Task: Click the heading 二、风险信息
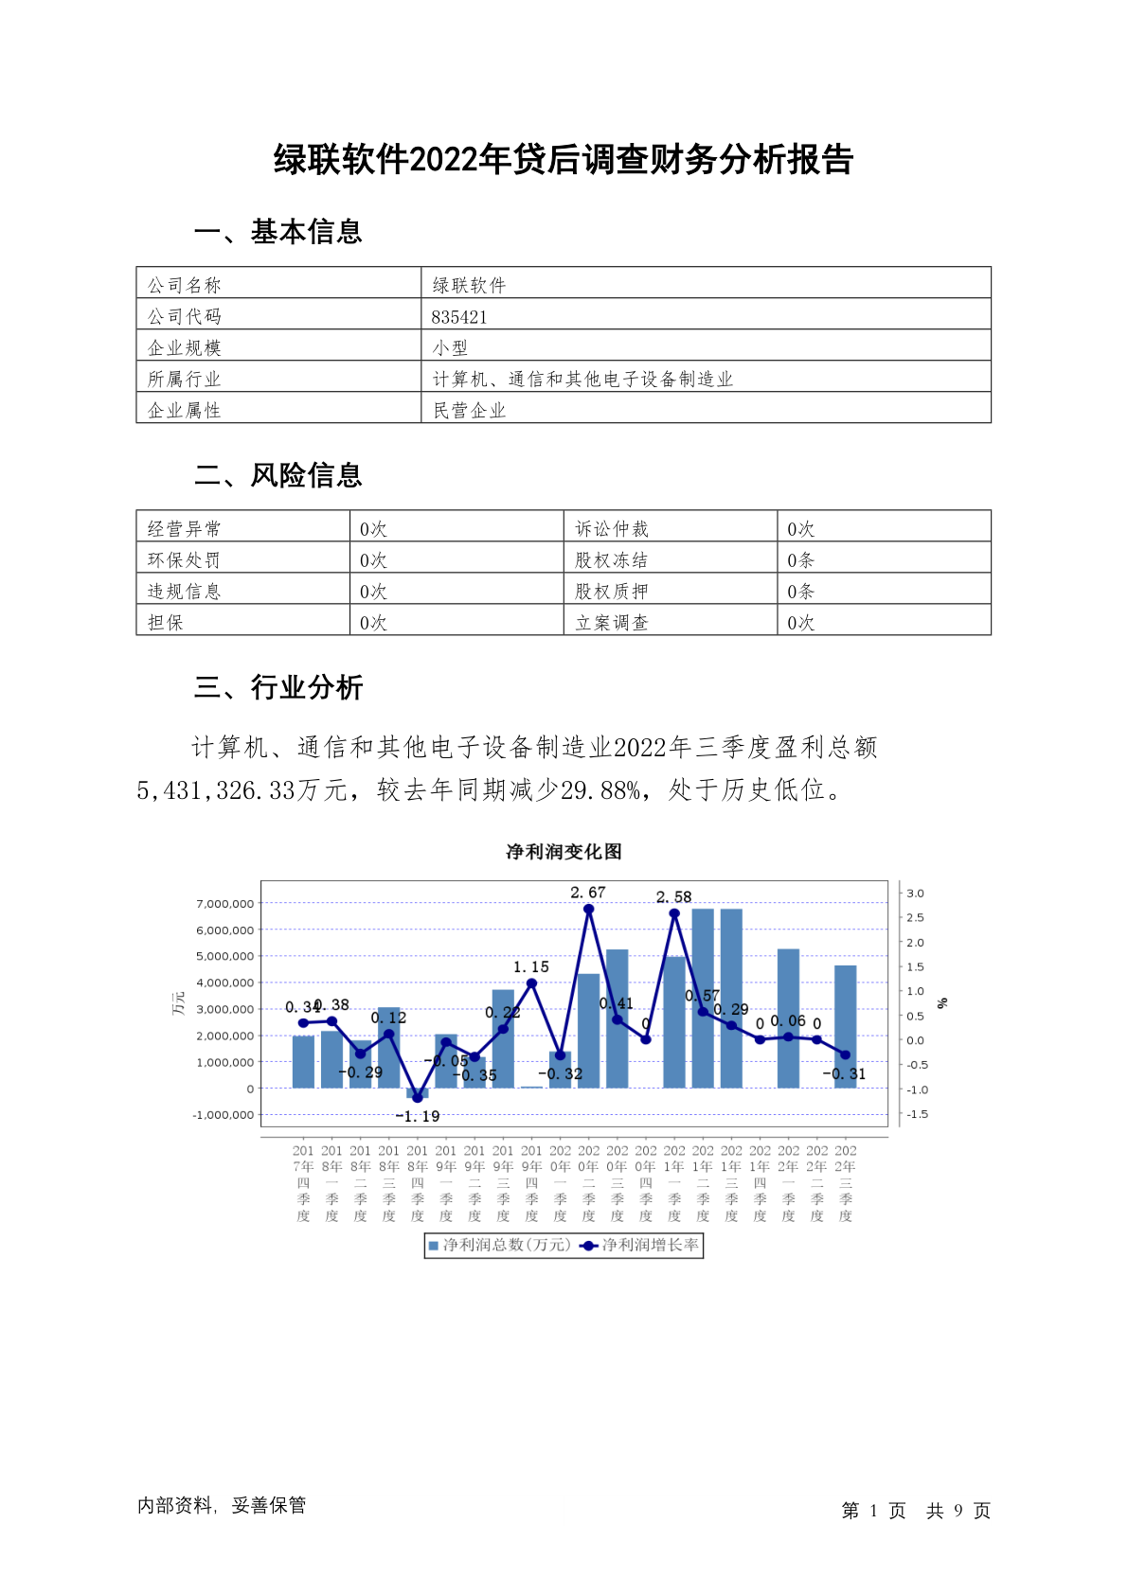278,475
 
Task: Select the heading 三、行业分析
278,687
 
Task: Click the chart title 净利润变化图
564,852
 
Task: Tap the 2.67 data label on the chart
587,893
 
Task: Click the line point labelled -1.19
418,1098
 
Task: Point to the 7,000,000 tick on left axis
225,904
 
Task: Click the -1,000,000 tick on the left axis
224,1115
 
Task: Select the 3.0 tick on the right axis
915,894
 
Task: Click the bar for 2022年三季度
845,1027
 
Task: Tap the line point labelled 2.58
674,913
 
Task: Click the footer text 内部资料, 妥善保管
222,1505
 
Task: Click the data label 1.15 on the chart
530,967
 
